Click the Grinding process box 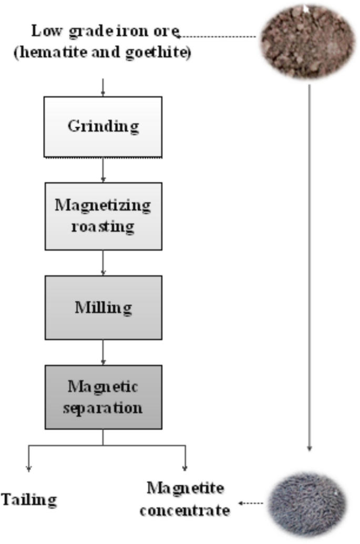102,127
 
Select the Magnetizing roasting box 102,216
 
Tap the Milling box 103,307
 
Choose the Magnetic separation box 103,397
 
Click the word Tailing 28,499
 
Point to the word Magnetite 185,488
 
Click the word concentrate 185,510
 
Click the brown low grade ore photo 308,41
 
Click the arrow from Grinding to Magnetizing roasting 103,170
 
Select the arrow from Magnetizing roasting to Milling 103,263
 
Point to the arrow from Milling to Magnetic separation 103,352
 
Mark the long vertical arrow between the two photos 309,263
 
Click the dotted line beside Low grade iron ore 218,36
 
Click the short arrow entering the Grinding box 103,87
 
